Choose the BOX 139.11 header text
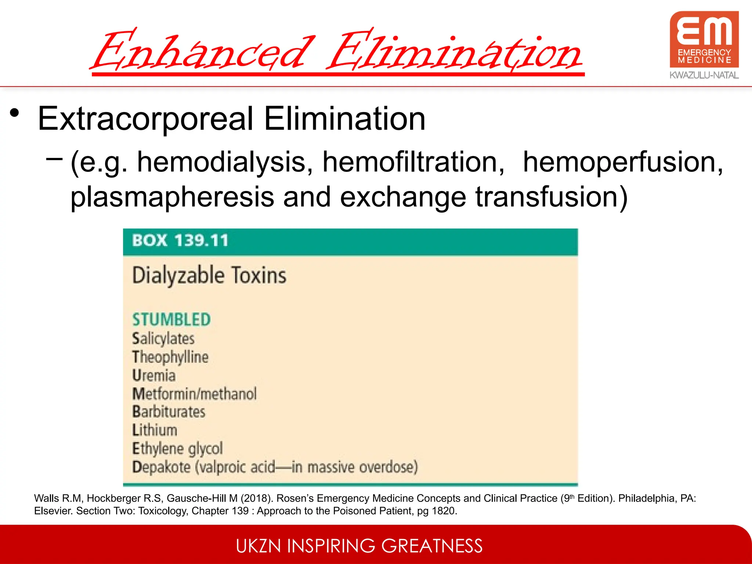[180, 241]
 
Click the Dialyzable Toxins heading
[209, 275]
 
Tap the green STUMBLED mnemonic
[171, 319]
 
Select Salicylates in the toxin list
[163, 339]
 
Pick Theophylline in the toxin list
[170, 357]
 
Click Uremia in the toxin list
[154, 375]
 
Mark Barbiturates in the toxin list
[169, 412]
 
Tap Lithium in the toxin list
[155, 430]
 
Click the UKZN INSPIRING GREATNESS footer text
[359, 546]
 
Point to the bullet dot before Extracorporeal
[14, 113]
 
